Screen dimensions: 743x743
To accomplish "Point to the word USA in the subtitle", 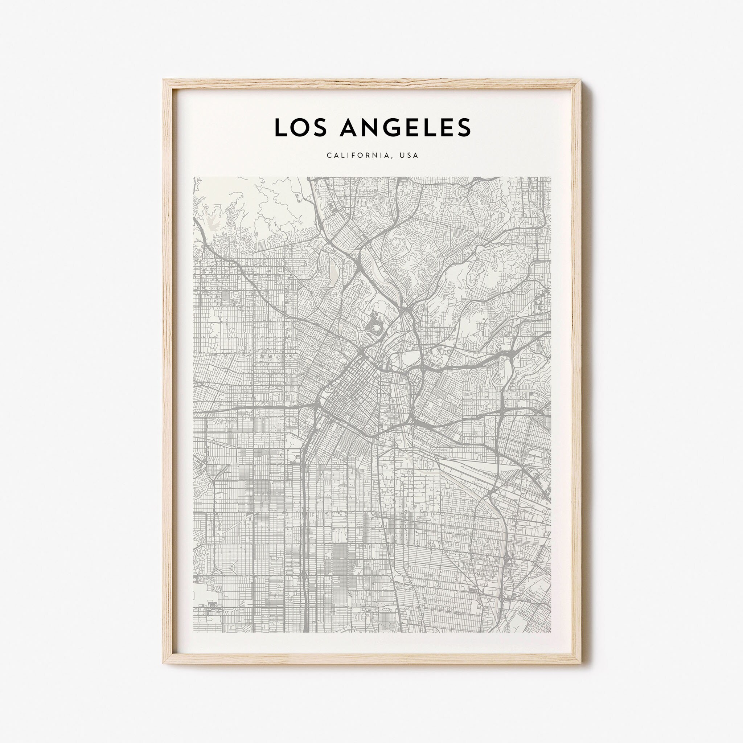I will (x=409, y=155).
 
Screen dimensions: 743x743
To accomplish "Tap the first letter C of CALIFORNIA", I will (x=329, y=155).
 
